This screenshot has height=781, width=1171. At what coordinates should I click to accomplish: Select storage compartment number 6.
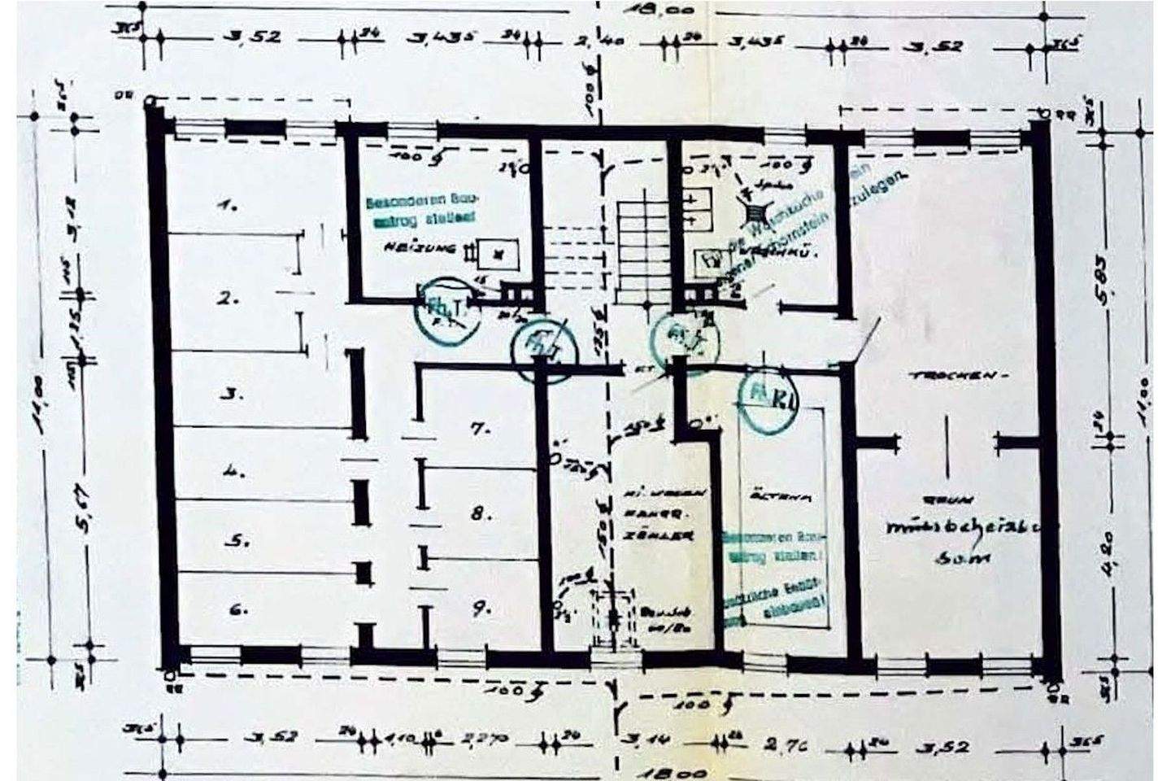[x=237, y=609]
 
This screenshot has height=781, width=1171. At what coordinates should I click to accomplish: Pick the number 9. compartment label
[x=481, y=606]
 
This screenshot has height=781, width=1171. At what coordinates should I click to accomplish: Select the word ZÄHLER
[x=670, y=537]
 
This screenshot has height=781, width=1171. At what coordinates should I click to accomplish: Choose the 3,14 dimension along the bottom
[x=645, y=741]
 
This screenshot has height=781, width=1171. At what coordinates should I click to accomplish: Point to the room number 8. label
[x=480, y=514]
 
